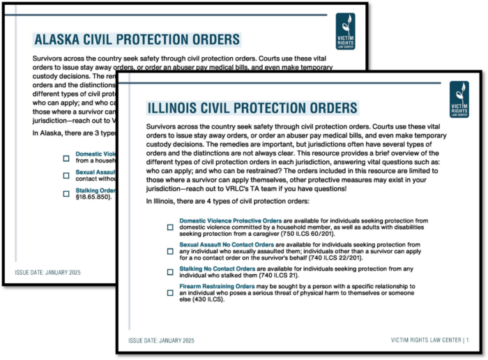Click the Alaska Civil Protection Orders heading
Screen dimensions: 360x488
click(x=137, y=39)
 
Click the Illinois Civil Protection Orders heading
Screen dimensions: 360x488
click(x=252, y=107)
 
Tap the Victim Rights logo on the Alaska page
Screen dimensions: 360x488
click(x=345, y=30)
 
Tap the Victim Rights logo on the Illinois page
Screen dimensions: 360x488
click(x=459, y=99)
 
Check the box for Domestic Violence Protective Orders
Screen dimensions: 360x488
click(x=170, y=227)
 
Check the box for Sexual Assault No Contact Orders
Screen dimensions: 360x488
click(x=170, y=251)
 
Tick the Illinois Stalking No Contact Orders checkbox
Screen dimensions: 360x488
click(x=170, y=273)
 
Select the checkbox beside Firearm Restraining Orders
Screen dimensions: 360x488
click(x=170, y=293)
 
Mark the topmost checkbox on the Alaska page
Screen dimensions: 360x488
click(x=66, y=158)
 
